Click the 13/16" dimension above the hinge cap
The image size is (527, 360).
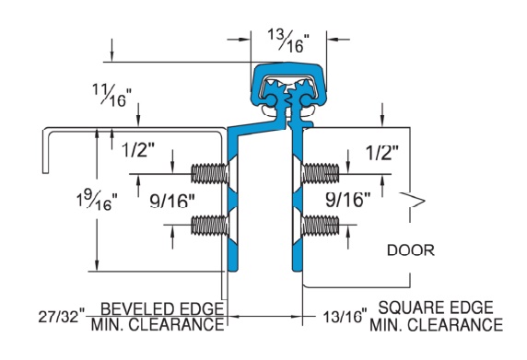[288, 41]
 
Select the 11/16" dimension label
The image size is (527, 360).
[111, 96]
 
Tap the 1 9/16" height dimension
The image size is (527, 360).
[97, 200]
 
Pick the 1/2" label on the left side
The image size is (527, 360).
[138, 150]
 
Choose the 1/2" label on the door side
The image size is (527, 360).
[382, 153]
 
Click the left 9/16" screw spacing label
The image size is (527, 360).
[172, 202]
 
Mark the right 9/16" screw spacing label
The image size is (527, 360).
[348, 200]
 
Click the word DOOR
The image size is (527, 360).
[411, 250]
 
